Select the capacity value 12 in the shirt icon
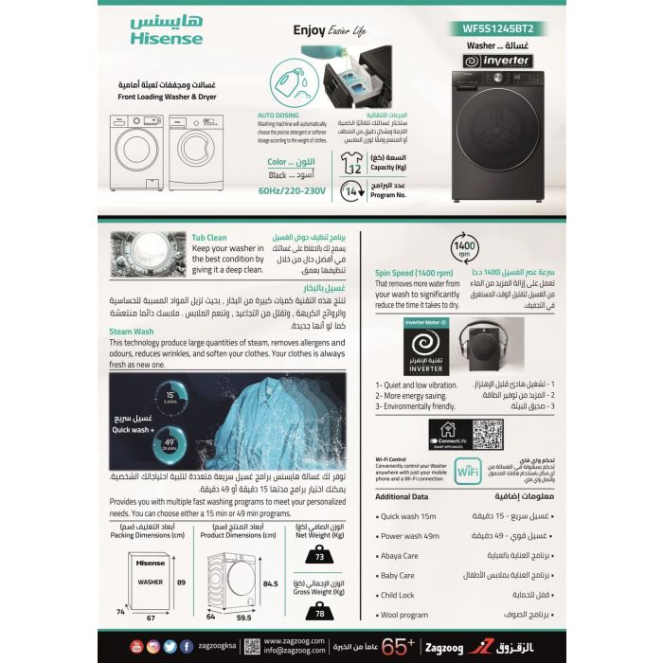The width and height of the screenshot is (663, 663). pyautogui.click(x=356, y=169)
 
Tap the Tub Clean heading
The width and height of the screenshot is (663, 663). pyautogui.click(x=208, y=238)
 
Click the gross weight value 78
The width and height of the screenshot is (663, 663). pyautogui.click(x=319, y=613)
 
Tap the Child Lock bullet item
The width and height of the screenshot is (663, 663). pyautogui.click(x=397, y=596)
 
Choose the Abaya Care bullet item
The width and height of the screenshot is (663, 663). pyautogui.click(x=399, y=555)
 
